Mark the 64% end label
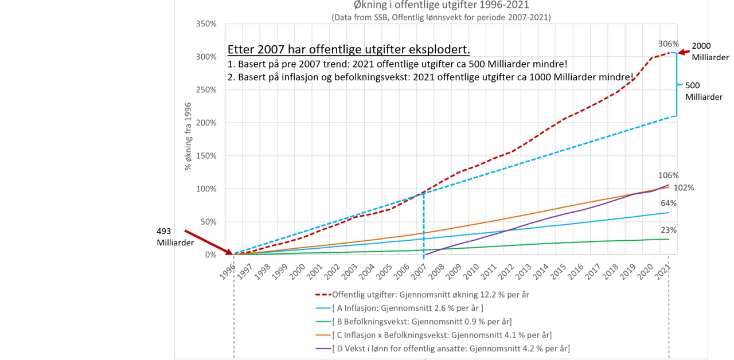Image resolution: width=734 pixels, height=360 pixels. tap(668, 203)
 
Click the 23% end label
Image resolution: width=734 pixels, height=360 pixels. tap(668, 230)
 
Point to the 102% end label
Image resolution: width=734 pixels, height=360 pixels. tap(684, 187)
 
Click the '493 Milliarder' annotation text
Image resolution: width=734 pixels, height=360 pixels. tap(175, 237)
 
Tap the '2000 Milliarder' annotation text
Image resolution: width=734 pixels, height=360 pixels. tap(710, 52)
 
